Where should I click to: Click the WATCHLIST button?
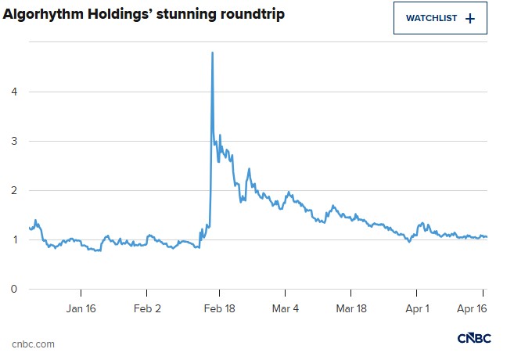point(440,18)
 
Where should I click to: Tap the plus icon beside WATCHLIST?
point(469,18)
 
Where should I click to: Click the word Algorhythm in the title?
point(46,15)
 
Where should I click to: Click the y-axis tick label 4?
point(13,92)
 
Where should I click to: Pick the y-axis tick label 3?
point(13,141)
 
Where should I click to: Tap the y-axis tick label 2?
point(13,190)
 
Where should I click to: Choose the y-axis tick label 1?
point(13,239)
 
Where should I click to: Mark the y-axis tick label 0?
point(13,289)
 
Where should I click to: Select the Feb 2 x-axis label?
point(148,309)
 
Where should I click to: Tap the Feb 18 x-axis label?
point(219,309)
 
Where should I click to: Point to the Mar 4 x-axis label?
point(286,309)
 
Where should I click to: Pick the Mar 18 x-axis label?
point(351,309)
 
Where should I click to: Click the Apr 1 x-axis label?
point(417,309)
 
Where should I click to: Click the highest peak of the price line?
point(213,52)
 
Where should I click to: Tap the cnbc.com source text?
point(34,344)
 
